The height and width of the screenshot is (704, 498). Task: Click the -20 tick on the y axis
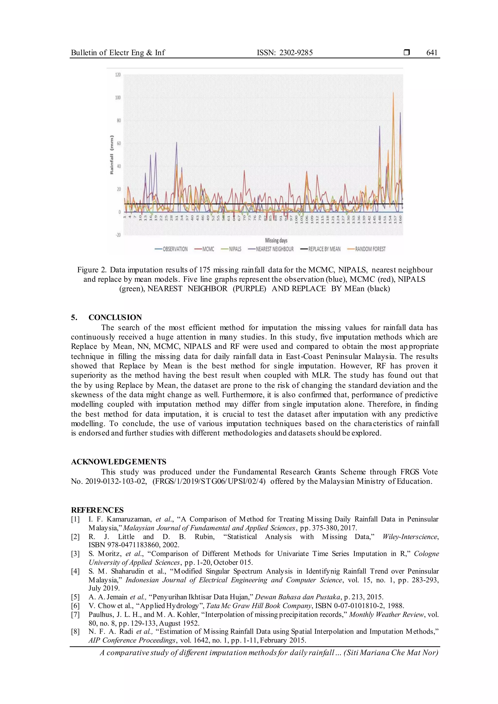118,235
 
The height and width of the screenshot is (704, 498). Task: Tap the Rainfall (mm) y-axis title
112,155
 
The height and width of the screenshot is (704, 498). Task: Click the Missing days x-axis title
276,240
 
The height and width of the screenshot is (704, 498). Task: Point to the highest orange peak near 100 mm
393,93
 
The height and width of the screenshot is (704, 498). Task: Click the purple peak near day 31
177,143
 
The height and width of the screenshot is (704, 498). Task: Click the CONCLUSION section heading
115,317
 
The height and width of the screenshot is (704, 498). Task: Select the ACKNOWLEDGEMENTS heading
119,462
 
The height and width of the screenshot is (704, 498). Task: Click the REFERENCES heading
97,510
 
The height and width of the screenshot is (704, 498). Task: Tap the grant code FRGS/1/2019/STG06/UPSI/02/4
209,481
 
